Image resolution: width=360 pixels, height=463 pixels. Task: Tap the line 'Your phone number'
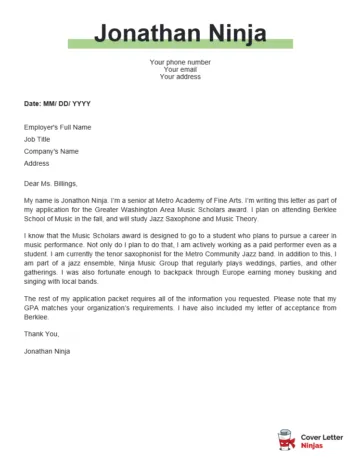coord(180,62)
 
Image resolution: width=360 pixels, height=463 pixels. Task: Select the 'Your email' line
coord(180,69)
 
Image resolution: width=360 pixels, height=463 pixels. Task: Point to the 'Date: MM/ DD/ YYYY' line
coord(57,103)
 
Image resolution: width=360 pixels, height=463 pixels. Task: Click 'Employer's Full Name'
coord(57,127)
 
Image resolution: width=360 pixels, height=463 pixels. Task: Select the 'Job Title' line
coord(37,139)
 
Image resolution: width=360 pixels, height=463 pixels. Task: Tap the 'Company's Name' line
coord(51,151)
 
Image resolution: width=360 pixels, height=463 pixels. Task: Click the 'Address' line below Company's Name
coord(36,163)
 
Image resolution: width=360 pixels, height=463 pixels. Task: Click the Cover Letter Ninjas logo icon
coord(286,436)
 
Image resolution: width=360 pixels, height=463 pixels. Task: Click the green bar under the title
coord(180,45)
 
